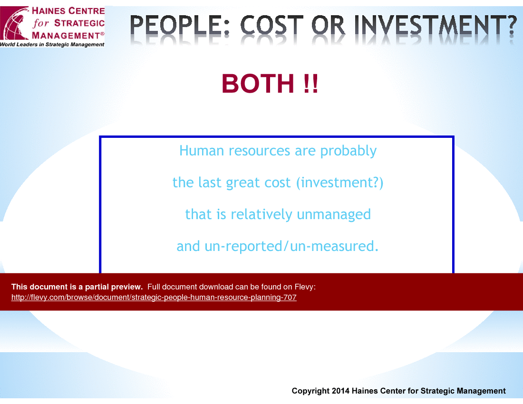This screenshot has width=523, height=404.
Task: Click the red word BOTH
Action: point(258,83)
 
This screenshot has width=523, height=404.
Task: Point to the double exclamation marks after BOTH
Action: point(311,83)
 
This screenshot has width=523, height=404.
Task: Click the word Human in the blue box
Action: point(202,151)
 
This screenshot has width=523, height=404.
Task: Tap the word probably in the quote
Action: point(348,151)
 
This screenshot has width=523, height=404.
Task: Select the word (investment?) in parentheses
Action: point(339,183)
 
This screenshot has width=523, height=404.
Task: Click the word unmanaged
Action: point(334,214)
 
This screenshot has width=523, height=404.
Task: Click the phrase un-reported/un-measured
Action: point(291,247)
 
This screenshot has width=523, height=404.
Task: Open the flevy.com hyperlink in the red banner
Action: point(154,298)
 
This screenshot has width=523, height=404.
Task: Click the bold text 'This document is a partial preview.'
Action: point(77,287)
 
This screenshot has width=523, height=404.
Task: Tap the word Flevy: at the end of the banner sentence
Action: point(305,287)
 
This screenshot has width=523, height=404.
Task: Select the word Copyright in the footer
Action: point(310,391)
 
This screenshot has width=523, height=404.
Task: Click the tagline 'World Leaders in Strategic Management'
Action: point(52,44)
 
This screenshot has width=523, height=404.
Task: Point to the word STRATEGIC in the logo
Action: point(79,23)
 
